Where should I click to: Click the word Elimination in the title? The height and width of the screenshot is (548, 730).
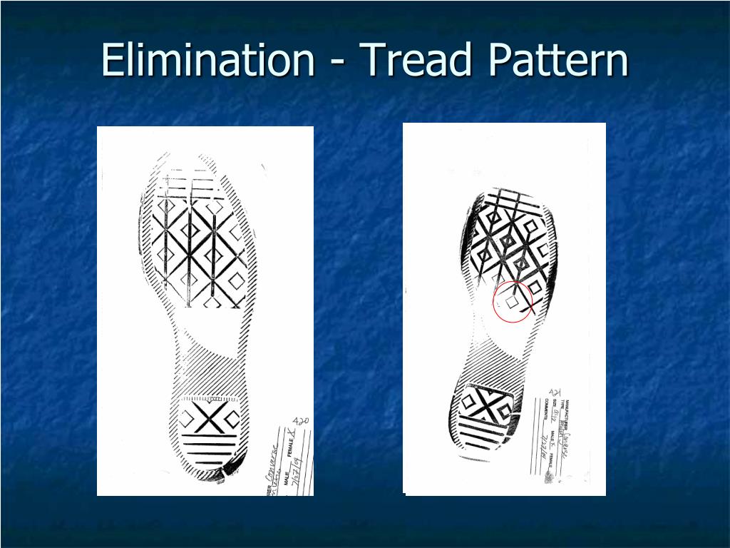(x=207, y=60)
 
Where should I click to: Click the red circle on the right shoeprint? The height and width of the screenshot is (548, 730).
(x=513, y=302)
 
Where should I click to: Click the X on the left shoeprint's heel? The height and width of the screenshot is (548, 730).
(x=207, y=417)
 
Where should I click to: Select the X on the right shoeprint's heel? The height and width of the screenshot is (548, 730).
(x=487, y=404)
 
